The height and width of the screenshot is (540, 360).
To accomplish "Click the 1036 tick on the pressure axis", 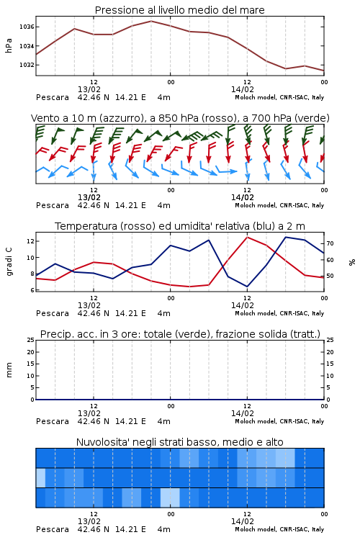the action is (26, 27).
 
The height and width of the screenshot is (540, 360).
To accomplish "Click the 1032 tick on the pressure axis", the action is (26, 65).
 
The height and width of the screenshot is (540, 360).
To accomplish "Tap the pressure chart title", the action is (179, 10).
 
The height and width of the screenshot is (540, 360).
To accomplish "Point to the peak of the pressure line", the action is (151, 21).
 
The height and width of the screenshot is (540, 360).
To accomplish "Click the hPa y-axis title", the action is (9, 45).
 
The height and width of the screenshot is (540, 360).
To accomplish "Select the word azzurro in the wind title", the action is (120, 118).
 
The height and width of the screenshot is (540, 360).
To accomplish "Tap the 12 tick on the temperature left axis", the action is (30, 241).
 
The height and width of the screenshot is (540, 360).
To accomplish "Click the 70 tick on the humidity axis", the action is (330, 243).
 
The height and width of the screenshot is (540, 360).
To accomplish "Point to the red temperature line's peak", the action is (247, 237).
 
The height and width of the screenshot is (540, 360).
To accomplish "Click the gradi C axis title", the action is (9, 262).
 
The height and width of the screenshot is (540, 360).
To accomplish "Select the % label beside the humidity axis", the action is (352, 262).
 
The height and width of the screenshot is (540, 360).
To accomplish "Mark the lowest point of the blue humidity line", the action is (247, 287).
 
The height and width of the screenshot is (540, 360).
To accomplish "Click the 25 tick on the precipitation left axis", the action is (30, 340).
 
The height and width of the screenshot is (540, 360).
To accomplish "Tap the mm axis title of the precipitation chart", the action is (9, 370).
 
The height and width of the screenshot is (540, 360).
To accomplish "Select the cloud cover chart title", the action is (179, 442).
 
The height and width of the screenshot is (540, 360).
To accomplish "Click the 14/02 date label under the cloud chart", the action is (242, 521).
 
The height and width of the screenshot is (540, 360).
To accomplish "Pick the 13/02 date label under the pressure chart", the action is (89, 89).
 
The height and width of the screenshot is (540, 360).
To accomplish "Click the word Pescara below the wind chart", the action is (53, 206).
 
